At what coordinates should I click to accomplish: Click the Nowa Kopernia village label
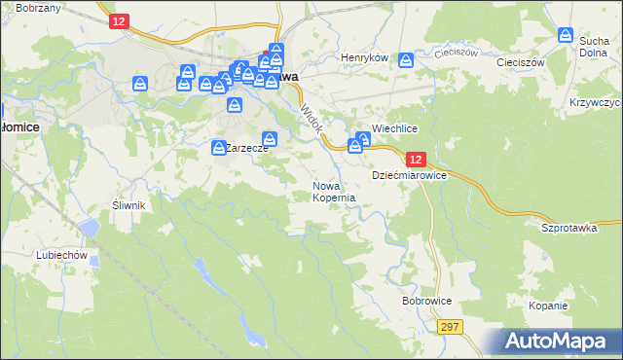coord(333,191)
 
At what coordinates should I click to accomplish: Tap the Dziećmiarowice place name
coord(409,176)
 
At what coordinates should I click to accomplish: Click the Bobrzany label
coord(38,8)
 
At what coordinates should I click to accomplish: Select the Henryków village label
coord(364,58)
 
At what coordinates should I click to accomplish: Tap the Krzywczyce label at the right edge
coord(597,102)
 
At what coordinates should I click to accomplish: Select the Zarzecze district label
coord(247,149)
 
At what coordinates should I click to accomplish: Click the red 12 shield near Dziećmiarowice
coord(416,159)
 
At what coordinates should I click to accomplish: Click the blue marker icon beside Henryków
coord(406,60)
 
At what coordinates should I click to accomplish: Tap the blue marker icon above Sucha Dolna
coord(566,35)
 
